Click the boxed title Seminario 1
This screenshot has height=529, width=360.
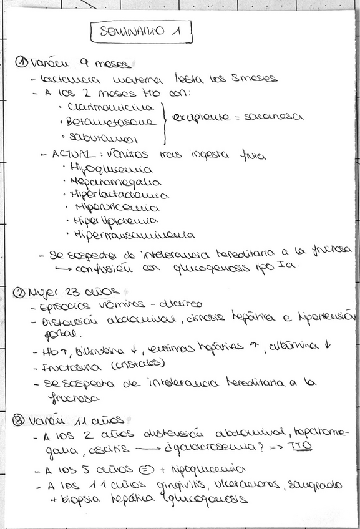pyautogui.click(x=141, y=32)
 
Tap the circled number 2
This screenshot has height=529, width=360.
pyautogui.click(x=19, y=292)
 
